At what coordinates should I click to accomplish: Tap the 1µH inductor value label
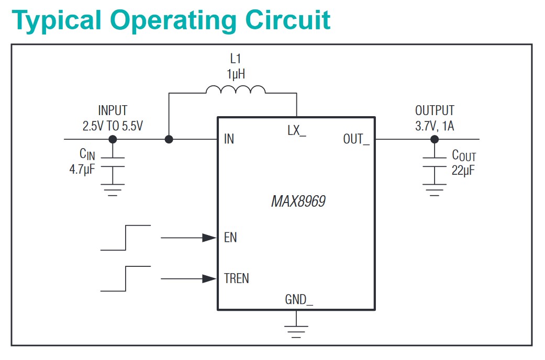(x=236, y=74)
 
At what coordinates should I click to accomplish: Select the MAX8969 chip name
(x=298, y=201)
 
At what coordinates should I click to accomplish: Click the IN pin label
(x=229, y=139)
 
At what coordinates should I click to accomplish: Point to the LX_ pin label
(x=296, y=131)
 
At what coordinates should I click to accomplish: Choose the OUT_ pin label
(x=357, y=139)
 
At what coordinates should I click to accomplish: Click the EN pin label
(x=230, y=238)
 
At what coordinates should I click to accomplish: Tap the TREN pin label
(x=236, y=278)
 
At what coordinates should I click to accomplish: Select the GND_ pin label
(x=299, y=299)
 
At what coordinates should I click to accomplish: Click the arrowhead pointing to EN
(x=209, y=238)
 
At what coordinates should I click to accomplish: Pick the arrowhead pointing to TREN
(x=209, y=279)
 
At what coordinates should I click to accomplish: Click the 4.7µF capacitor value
(x=82, y=170)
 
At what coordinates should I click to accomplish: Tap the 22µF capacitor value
(x=463, y=171)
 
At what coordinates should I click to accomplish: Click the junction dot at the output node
(x=435, y=139)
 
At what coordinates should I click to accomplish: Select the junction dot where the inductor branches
(x=169, y=139)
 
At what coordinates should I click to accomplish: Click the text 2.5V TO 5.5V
(x=113, y=126)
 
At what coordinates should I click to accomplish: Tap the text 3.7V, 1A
(x=435, y=126)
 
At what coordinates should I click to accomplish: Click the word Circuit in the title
(x=288, y=20)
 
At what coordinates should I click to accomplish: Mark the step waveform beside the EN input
(x=126, y=238)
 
